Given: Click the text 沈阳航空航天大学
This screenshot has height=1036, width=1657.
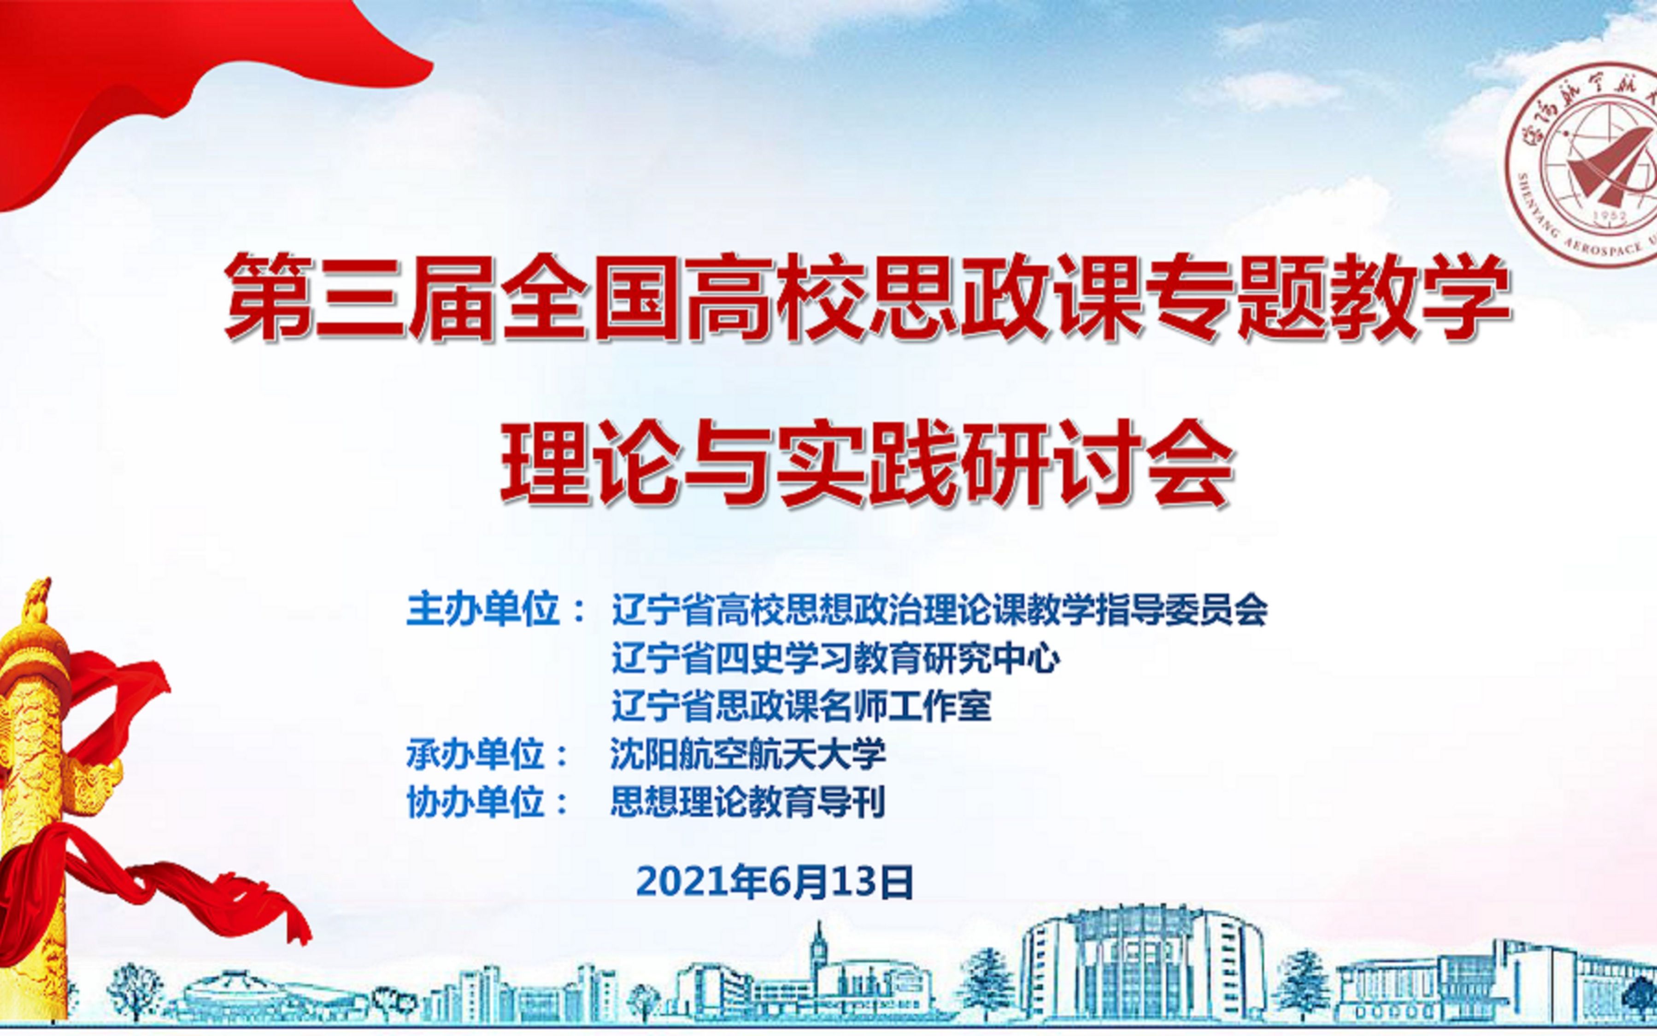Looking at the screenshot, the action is click(748, 753).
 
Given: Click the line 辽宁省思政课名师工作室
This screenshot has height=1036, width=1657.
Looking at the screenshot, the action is click(801, 706).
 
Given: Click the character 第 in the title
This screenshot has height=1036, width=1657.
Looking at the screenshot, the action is click(269, 297).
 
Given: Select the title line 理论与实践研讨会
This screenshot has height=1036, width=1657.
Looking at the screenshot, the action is click(867, 463).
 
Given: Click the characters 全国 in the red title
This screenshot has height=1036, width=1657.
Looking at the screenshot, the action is click(588, 297).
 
